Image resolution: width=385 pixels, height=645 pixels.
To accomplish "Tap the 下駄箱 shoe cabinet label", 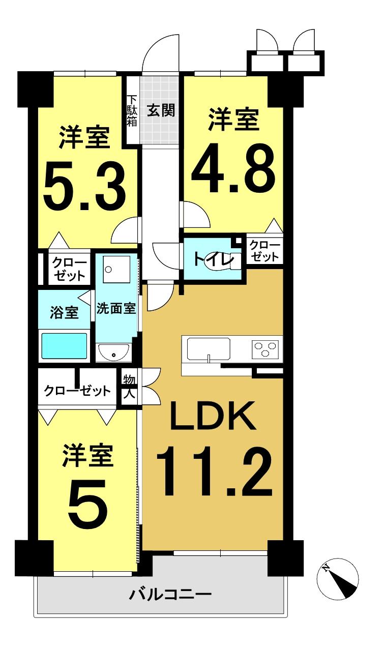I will (x=132, y=110).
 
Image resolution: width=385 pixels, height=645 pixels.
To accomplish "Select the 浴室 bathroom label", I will (x=64, y=312).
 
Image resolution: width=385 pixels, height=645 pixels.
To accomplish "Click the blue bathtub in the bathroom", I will (x=64, y=346).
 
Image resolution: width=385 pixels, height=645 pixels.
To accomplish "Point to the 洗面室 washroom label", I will (x=116, y=309).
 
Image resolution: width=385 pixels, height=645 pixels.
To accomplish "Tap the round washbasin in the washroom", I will (x=113, y=351).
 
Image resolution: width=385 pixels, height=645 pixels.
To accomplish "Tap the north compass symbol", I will (x=338, y=580).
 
